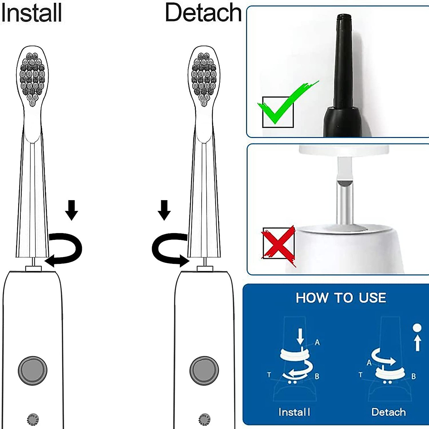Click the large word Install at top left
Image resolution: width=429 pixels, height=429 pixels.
pyautogui.click(x=31, y=13)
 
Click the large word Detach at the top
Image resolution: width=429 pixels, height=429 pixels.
pyautogui.click(x=203, y=13)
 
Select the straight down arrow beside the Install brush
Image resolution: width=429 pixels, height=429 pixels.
pyautogui.click(x=72, y=209)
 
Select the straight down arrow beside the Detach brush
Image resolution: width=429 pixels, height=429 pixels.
pyautogui.click(x=164, y=209)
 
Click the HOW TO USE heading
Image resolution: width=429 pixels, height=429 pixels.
pyautogui.click(x=341, y=298)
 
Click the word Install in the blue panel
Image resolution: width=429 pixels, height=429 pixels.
pyautogui.click(x=294, y=412)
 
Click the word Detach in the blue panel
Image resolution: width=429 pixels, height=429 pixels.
pyautogui.click(x=389, y=412)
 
